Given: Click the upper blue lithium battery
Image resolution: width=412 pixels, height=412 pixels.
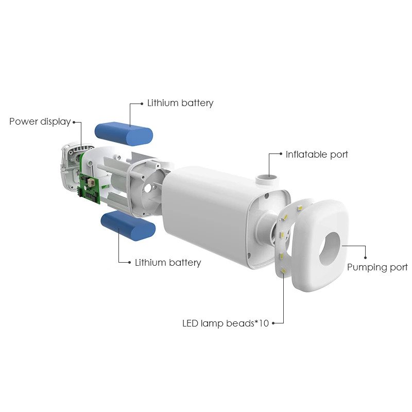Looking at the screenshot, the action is point(124,133).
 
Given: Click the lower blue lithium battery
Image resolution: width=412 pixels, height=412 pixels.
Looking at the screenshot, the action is point(128,225).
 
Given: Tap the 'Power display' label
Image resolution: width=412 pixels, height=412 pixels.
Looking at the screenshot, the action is point(40,122).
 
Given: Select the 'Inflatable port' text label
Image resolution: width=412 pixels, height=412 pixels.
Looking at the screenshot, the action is point(317,154).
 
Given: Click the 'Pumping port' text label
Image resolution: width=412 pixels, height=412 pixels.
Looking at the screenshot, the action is point(377,267).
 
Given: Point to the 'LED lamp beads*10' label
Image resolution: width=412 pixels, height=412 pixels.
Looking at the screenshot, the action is point(226,323).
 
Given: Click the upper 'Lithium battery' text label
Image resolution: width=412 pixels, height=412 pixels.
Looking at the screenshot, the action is point(180,103).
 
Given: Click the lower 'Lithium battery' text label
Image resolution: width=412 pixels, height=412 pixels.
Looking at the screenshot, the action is point(168,263).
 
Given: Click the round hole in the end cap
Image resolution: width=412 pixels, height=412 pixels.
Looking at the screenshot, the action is point(330,249).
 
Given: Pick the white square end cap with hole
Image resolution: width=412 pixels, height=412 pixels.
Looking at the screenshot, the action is point(320,246).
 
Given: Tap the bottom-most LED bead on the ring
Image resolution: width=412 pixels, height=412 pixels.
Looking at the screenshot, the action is point(283,271).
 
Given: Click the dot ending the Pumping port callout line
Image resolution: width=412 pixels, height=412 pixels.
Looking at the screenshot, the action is point(365,258).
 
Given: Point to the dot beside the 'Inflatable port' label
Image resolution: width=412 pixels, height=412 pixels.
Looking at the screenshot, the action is point(281,154).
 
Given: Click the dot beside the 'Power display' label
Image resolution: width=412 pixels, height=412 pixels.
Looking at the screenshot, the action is point(74,122).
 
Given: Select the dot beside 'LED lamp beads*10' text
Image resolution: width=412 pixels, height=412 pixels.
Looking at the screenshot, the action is point(273,323).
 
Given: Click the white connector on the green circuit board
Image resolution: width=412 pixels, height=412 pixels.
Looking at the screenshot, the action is point(91,182).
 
